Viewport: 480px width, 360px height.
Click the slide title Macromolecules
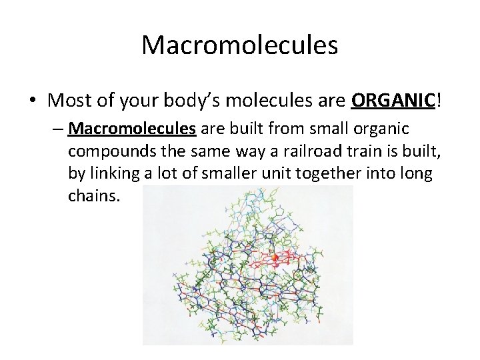pyautogui.click(x=240, y=45)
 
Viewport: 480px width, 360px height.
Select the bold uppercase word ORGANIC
pyautogui.click(x=393, y=101)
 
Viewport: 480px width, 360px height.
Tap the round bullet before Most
pyautogui.click(x=33, y=101)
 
